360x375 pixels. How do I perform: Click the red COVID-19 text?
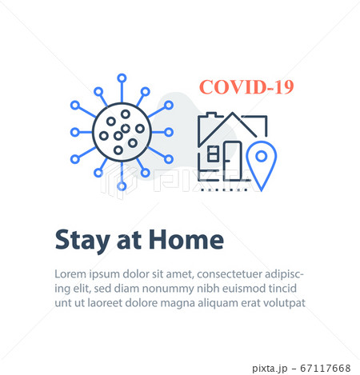tap(246, 87)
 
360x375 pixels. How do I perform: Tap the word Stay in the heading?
tap(82, 241)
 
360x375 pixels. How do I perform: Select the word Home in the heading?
tap(186, 239)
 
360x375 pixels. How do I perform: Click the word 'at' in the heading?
tap(129, 241)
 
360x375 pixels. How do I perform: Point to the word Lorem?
tap(70, 274)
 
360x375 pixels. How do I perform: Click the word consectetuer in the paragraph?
tap(229, 274)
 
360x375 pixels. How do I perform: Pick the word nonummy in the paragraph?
tap(168, 289)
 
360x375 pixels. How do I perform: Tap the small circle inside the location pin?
tap(262, 156)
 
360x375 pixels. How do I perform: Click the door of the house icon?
tap(233, 160)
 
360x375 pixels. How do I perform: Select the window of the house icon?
tap(213, 154)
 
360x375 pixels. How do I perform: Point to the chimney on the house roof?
tap(211, 115)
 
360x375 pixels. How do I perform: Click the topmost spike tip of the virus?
tap(122, 78)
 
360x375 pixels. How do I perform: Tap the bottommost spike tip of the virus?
tap(122, 186)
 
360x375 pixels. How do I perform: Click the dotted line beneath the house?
tap(224, 189)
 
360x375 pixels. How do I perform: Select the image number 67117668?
tap(326, 369)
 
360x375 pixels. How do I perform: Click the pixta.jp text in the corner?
tap(270, 369)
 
